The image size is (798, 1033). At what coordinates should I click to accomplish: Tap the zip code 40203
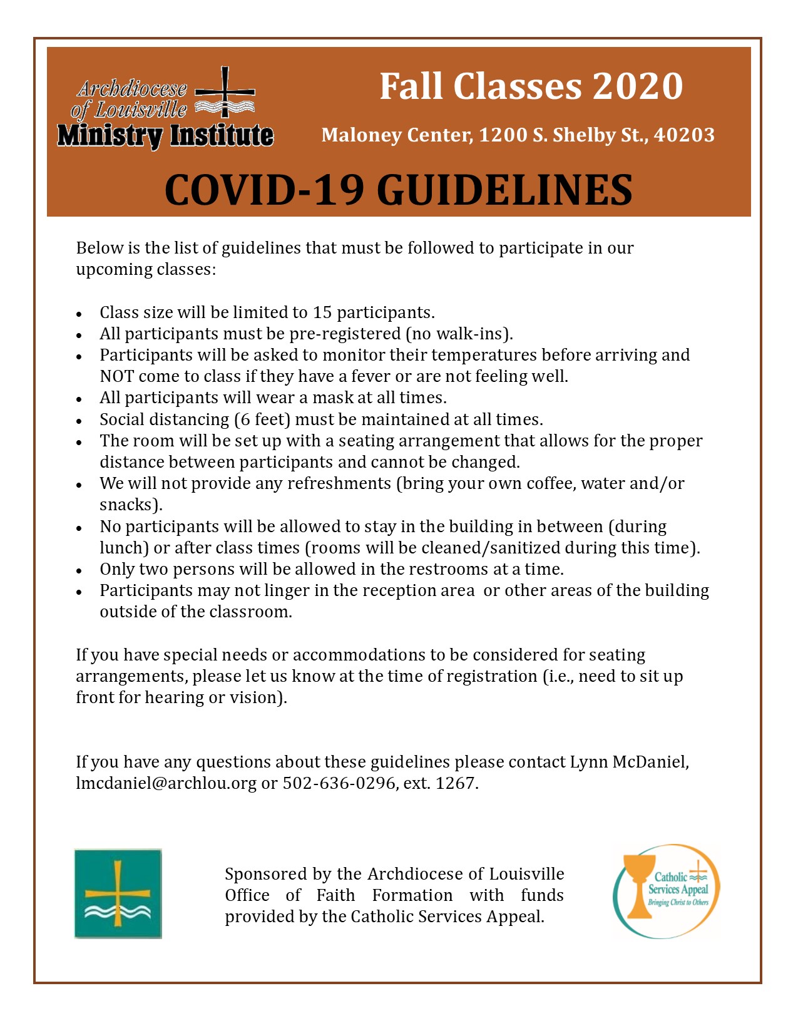click(x=684, y=135)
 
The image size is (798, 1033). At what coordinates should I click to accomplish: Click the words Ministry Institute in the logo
click(x=165, y=135)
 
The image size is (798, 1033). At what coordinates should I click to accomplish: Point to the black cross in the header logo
click(x=225, y=92)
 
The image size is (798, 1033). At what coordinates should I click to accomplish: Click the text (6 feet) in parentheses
click(x=262, y=419)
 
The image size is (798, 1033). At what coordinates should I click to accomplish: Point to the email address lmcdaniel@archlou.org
click(x=166, y=783)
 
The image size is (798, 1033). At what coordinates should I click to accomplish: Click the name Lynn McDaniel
click(x=628, y=762)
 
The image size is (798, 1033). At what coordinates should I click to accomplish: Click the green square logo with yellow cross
click(x=118, y=893)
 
